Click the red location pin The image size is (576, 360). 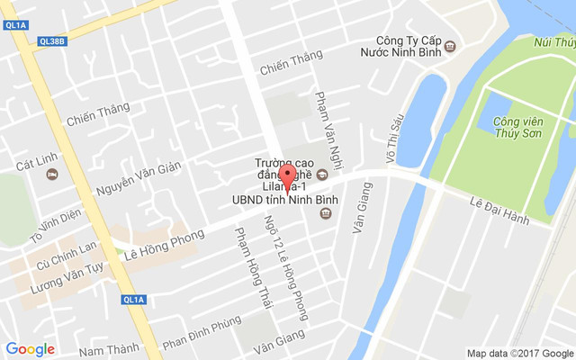click(x=287, y=176)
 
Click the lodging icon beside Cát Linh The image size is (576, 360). click(x=53, y=173)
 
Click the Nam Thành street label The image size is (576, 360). click(x=109, y=348)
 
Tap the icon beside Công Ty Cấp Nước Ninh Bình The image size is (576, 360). click(x=450, y=46)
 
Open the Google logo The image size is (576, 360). click(x=31, y=349)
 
